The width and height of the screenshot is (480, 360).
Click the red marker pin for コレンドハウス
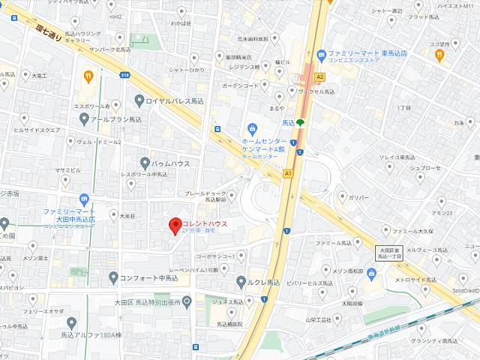coord(175,224)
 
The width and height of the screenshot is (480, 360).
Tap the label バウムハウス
coord(174,163)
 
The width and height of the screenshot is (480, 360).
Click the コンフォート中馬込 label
coord(148,278)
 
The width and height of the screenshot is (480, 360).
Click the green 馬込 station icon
coord(300,122)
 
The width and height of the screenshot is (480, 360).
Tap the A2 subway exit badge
coord(320,76)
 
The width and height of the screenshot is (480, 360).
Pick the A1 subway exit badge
coord(288,172)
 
